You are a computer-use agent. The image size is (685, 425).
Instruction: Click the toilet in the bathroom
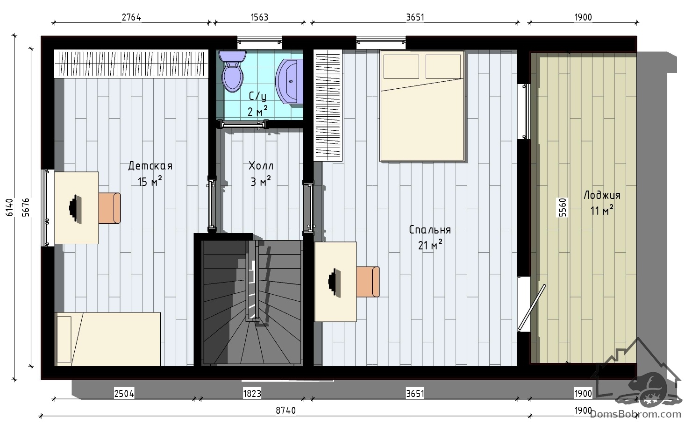[x=232, y=71]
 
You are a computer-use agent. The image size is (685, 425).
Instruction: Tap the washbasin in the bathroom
[x=289, y=81]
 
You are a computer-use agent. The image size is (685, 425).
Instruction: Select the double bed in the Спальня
[x=422, y=106]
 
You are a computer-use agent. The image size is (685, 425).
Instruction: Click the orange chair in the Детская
[x=109, y=208]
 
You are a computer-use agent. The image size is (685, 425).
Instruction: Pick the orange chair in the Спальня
[x=368, y=282]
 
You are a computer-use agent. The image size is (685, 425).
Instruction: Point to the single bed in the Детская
[x=107, y=339]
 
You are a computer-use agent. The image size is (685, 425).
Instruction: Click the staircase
[x=252, y=303]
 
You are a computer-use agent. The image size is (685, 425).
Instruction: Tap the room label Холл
[x=261, y=166]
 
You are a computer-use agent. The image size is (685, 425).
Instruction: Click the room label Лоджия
[x=602, y=195]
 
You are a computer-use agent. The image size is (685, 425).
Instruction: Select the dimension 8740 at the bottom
[x=285, y=411]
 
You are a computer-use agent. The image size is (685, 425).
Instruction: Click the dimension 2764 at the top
[x=131, y=17]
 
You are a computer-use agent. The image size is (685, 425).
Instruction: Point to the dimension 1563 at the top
[x=259, y=17]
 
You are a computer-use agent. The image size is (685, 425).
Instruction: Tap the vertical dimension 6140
[x=10, y=207]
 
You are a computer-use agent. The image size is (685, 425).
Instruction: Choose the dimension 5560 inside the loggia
[x=563, y=207]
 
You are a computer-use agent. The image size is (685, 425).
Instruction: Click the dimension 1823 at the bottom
[x=252, y=394]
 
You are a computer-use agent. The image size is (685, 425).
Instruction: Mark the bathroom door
[x=243, y=124]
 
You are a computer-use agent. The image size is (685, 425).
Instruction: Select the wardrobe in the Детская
[x=131, y=64]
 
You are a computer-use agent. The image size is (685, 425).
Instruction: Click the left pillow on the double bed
[x=401, y=66]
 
